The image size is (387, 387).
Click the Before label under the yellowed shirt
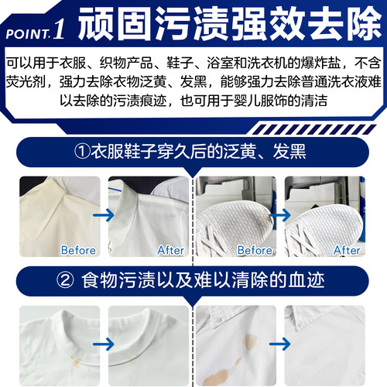78,250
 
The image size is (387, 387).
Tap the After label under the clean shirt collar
170,250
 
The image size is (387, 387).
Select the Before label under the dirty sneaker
255,250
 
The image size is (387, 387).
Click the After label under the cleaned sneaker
346,250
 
